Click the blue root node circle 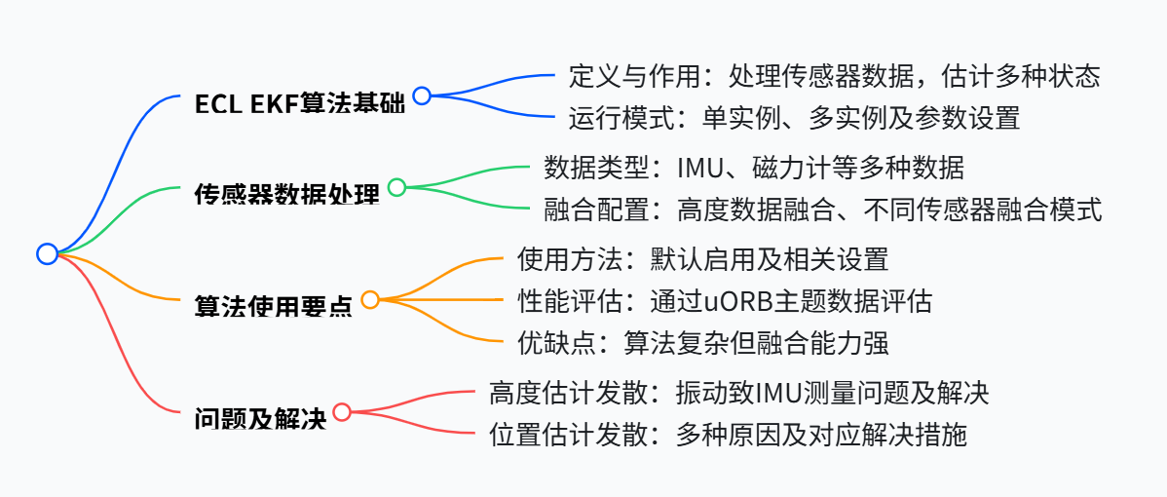click(x=47, y=253)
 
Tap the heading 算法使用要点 click(x=274, y=306)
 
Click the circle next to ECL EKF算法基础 click(x=422, y=96)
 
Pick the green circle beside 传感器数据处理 click(x=396, y=187)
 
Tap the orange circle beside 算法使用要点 click(x=370, y=299)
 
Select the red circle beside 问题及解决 click(x=342, y=411)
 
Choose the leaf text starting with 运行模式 click(x=794, y=119)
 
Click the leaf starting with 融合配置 click(x=822, y=210)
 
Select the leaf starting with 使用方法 click(x=702, y=258)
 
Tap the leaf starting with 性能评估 click(x=724, y=301)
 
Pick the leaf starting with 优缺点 click(x=702, y=342)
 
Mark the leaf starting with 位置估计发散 click(x=728, y=435)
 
